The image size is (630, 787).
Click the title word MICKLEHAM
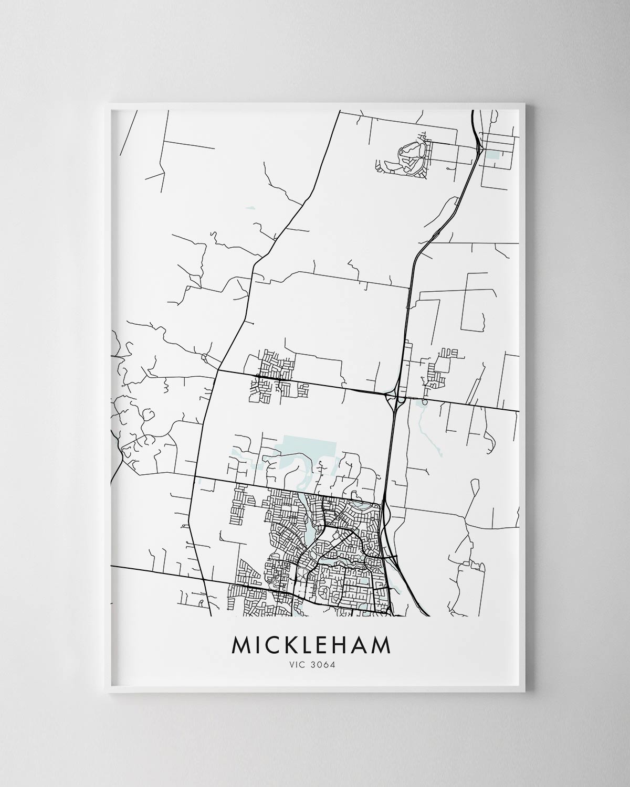(x=312, y=645)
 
